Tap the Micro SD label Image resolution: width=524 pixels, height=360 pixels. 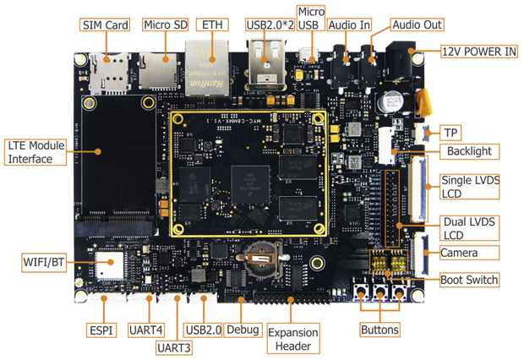tap(165, 25)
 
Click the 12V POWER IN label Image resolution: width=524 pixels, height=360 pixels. tap(478, 51)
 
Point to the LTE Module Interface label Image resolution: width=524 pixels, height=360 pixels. tap(36, 152)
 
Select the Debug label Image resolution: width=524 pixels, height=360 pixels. tap(243, 329)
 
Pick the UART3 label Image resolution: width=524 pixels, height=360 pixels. tap(173, 346)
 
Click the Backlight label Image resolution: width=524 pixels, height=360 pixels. tap(470, 152)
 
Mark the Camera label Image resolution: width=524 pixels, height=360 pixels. tap(459, 253)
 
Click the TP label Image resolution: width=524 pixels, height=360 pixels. tap(448, 132)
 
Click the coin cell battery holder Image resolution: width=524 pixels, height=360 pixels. tap(259, 256)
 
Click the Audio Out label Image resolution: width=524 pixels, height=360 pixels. tap(418, 25)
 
